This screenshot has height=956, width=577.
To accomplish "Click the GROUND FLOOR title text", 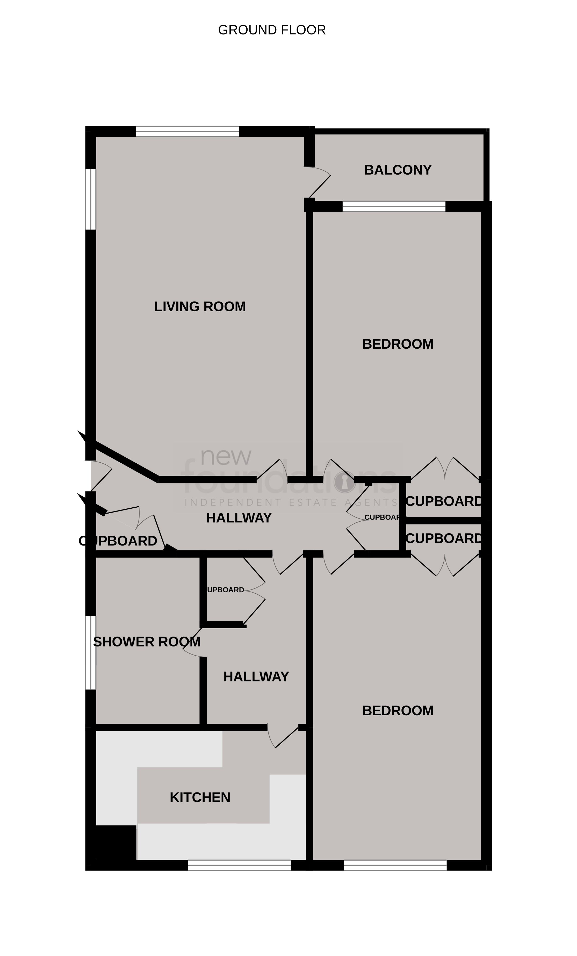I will pyautogui.click(x=272, y=30).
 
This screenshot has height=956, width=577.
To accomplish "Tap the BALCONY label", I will pyautogui.click(x=397, y=170).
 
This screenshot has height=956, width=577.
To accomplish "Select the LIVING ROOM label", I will pyautogui.click(x=200, y=306).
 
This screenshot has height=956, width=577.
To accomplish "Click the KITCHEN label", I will pyautogui.click(x=200, y=797).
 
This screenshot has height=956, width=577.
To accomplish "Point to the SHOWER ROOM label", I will pyautogui.click(x=147, y=642).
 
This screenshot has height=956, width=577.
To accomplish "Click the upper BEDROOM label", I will pyautogui.click(x=397, y=344).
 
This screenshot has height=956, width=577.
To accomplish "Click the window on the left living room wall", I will pyautogui.click(x=90, y=199).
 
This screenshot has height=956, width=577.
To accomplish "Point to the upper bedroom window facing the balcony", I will pyautogui.click(x=393, y=206).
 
